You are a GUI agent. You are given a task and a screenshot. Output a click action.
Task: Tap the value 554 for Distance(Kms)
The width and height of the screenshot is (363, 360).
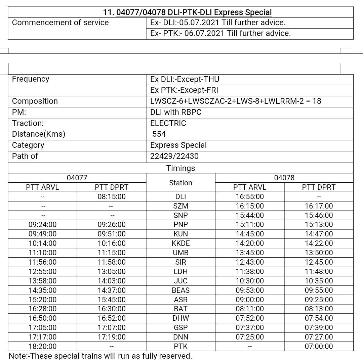[x=159, y=134]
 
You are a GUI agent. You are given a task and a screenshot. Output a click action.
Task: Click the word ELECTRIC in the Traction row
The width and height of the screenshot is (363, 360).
[x=168, y=123]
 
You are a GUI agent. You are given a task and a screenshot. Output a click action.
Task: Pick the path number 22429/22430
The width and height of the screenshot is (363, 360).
[x=174, y=156]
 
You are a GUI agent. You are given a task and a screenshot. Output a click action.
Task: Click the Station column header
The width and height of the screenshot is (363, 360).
[x=180, y=183]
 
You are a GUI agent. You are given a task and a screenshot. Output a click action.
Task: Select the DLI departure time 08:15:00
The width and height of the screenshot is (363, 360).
[x=112, y=196]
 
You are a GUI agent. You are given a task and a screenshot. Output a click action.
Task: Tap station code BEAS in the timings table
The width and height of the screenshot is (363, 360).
[x=180, y=290]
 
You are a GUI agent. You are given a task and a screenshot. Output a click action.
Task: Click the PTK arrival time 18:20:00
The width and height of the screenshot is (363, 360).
[x=42, y=346]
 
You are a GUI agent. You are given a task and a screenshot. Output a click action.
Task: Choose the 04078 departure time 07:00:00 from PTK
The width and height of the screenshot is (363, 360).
[x=319, y=346]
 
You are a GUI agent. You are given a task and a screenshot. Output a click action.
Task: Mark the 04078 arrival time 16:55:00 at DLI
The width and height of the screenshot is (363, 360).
[x=250, y=196]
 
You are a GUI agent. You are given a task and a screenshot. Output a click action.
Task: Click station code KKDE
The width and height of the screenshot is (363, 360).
[x=180, y=243]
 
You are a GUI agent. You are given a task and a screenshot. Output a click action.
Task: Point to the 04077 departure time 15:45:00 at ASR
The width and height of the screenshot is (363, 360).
[x=112, y=300]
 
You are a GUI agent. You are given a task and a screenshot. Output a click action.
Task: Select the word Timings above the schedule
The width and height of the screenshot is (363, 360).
[x=180, y=168]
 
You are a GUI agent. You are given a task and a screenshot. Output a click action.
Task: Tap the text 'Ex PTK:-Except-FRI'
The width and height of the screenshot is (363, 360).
[x=184, y=90]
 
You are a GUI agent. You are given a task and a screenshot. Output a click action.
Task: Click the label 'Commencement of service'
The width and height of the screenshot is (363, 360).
[x=60, y=23]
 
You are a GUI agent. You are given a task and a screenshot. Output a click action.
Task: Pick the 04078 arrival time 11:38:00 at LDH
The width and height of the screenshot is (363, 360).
[x=250, y=271]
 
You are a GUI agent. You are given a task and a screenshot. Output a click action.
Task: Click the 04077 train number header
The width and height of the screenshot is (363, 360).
[x=77, y=178]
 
